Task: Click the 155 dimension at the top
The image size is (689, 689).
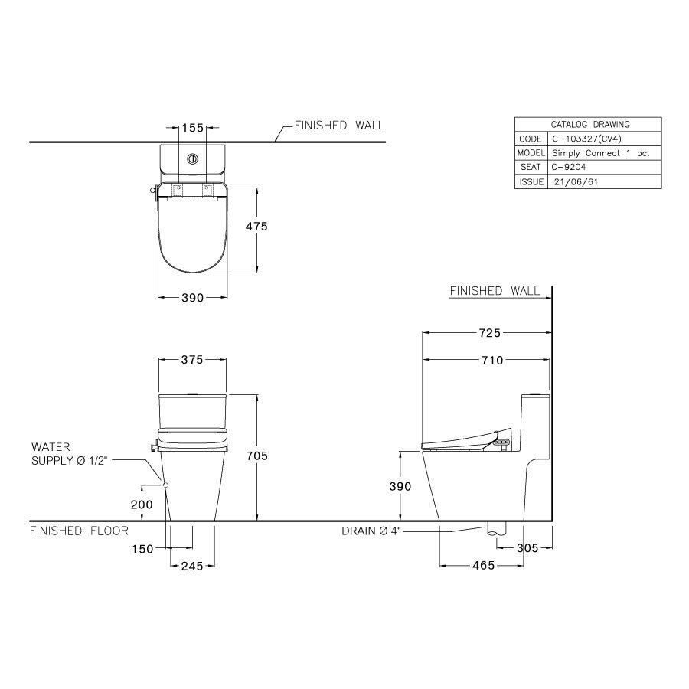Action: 192,129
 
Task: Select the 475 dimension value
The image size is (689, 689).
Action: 256,227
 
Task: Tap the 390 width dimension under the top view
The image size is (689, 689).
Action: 192,298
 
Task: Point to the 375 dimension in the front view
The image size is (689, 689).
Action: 192,361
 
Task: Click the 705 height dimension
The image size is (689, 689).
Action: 257,456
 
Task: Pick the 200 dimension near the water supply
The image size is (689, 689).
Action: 142,505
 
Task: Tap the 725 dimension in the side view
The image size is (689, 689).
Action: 489,333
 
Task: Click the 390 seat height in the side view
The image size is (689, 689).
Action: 400,487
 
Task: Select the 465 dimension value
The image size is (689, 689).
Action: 483,566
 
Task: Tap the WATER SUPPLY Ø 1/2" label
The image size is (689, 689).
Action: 70,452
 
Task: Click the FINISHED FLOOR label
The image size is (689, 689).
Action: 79,531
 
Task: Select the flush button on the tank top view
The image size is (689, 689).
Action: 192,159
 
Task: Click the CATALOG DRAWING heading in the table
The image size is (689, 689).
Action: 590,124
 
